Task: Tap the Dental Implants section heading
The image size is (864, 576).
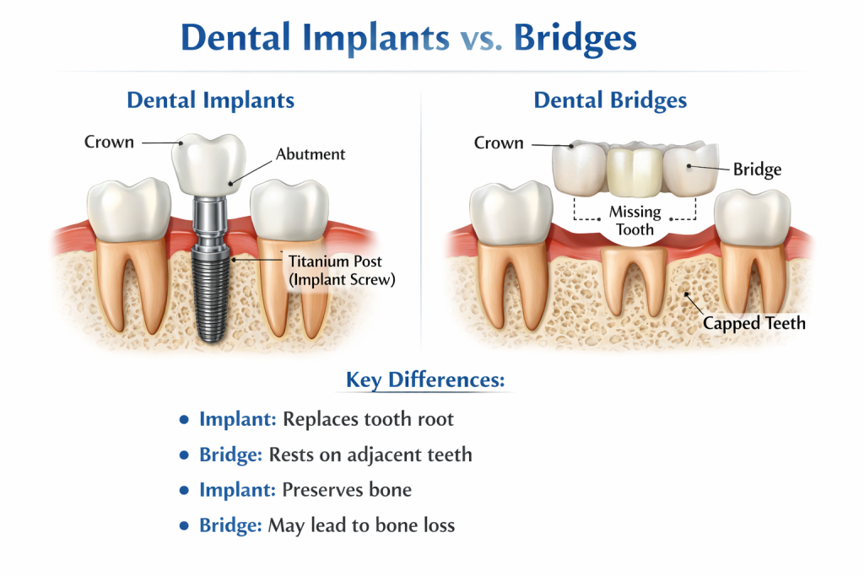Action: click(210, 100)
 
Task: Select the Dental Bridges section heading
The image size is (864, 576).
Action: click(610, 101)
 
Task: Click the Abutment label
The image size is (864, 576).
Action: click(310, 154)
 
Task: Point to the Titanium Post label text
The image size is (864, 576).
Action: click(334, 261)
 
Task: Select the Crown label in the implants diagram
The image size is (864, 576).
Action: click(109, 142)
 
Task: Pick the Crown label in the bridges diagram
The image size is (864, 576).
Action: click(498, 143)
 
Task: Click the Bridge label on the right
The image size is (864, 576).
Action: click(757, 170)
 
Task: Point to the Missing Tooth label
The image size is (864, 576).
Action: click(634, 220)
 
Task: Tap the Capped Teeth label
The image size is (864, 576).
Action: click(754, 323)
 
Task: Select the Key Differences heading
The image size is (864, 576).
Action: click(424, 380)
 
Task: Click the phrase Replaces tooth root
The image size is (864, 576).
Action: click(368, 419)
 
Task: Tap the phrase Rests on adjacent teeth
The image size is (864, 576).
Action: click(370, 455)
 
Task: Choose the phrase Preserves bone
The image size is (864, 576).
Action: click(347, 490)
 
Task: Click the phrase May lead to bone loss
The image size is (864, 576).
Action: click(361, 525)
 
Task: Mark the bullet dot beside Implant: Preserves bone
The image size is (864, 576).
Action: click(185, 491)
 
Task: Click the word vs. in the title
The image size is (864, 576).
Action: click(481, 39)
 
